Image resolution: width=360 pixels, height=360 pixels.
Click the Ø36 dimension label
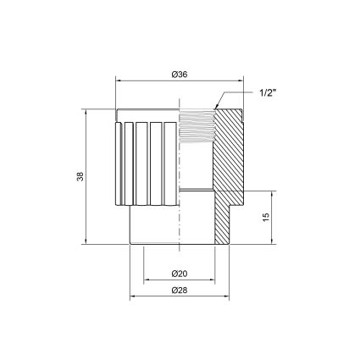click(180, 75)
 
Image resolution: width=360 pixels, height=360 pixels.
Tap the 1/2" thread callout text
click(268, 93)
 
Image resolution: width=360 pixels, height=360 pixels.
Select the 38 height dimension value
click(80, 176)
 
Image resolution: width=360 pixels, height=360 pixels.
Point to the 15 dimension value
click(266, 217)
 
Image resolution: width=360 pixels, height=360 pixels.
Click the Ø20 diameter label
click(180, 274)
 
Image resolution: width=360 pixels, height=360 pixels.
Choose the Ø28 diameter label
click(180, 291)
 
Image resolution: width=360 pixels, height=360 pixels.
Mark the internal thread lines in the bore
click(197, 126)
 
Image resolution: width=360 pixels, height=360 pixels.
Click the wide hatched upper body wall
click(228, 150)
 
